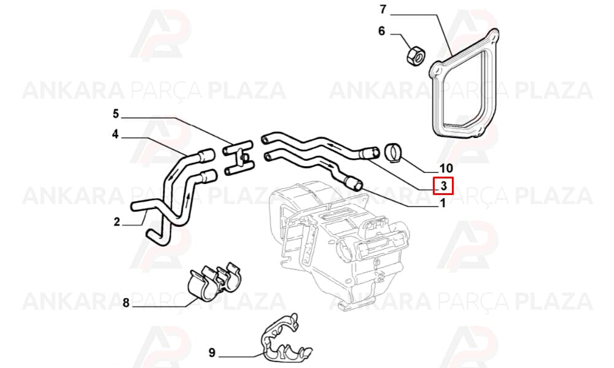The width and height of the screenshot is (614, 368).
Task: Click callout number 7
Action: pyautogui.click(x=383, y=9)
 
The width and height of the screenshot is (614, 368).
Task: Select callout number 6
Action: pyautogui.click(x=382, y=31)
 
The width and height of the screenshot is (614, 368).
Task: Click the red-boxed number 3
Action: pyautogui.click(x=443, y=186)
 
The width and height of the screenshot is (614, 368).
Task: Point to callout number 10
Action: pyautogui.click(x=446, y=168)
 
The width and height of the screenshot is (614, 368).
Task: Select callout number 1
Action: pyautogui.click(x=443, y=204)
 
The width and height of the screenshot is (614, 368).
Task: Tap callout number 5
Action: pyautogui.click(x=115, y=114)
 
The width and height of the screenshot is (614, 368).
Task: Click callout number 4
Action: pyautogui.click(x=115, y=134)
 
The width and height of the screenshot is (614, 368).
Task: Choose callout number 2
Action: pyautogui.click(x=117, y=222)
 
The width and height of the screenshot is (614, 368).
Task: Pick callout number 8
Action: pyautogui.click(x=126, y=302)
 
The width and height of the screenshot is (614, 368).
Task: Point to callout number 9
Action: pyautogui.click(x=212, y=353)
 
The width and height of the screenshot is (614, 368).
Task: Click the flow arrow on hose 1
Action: pyautogui.click(x=327, y=161)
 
